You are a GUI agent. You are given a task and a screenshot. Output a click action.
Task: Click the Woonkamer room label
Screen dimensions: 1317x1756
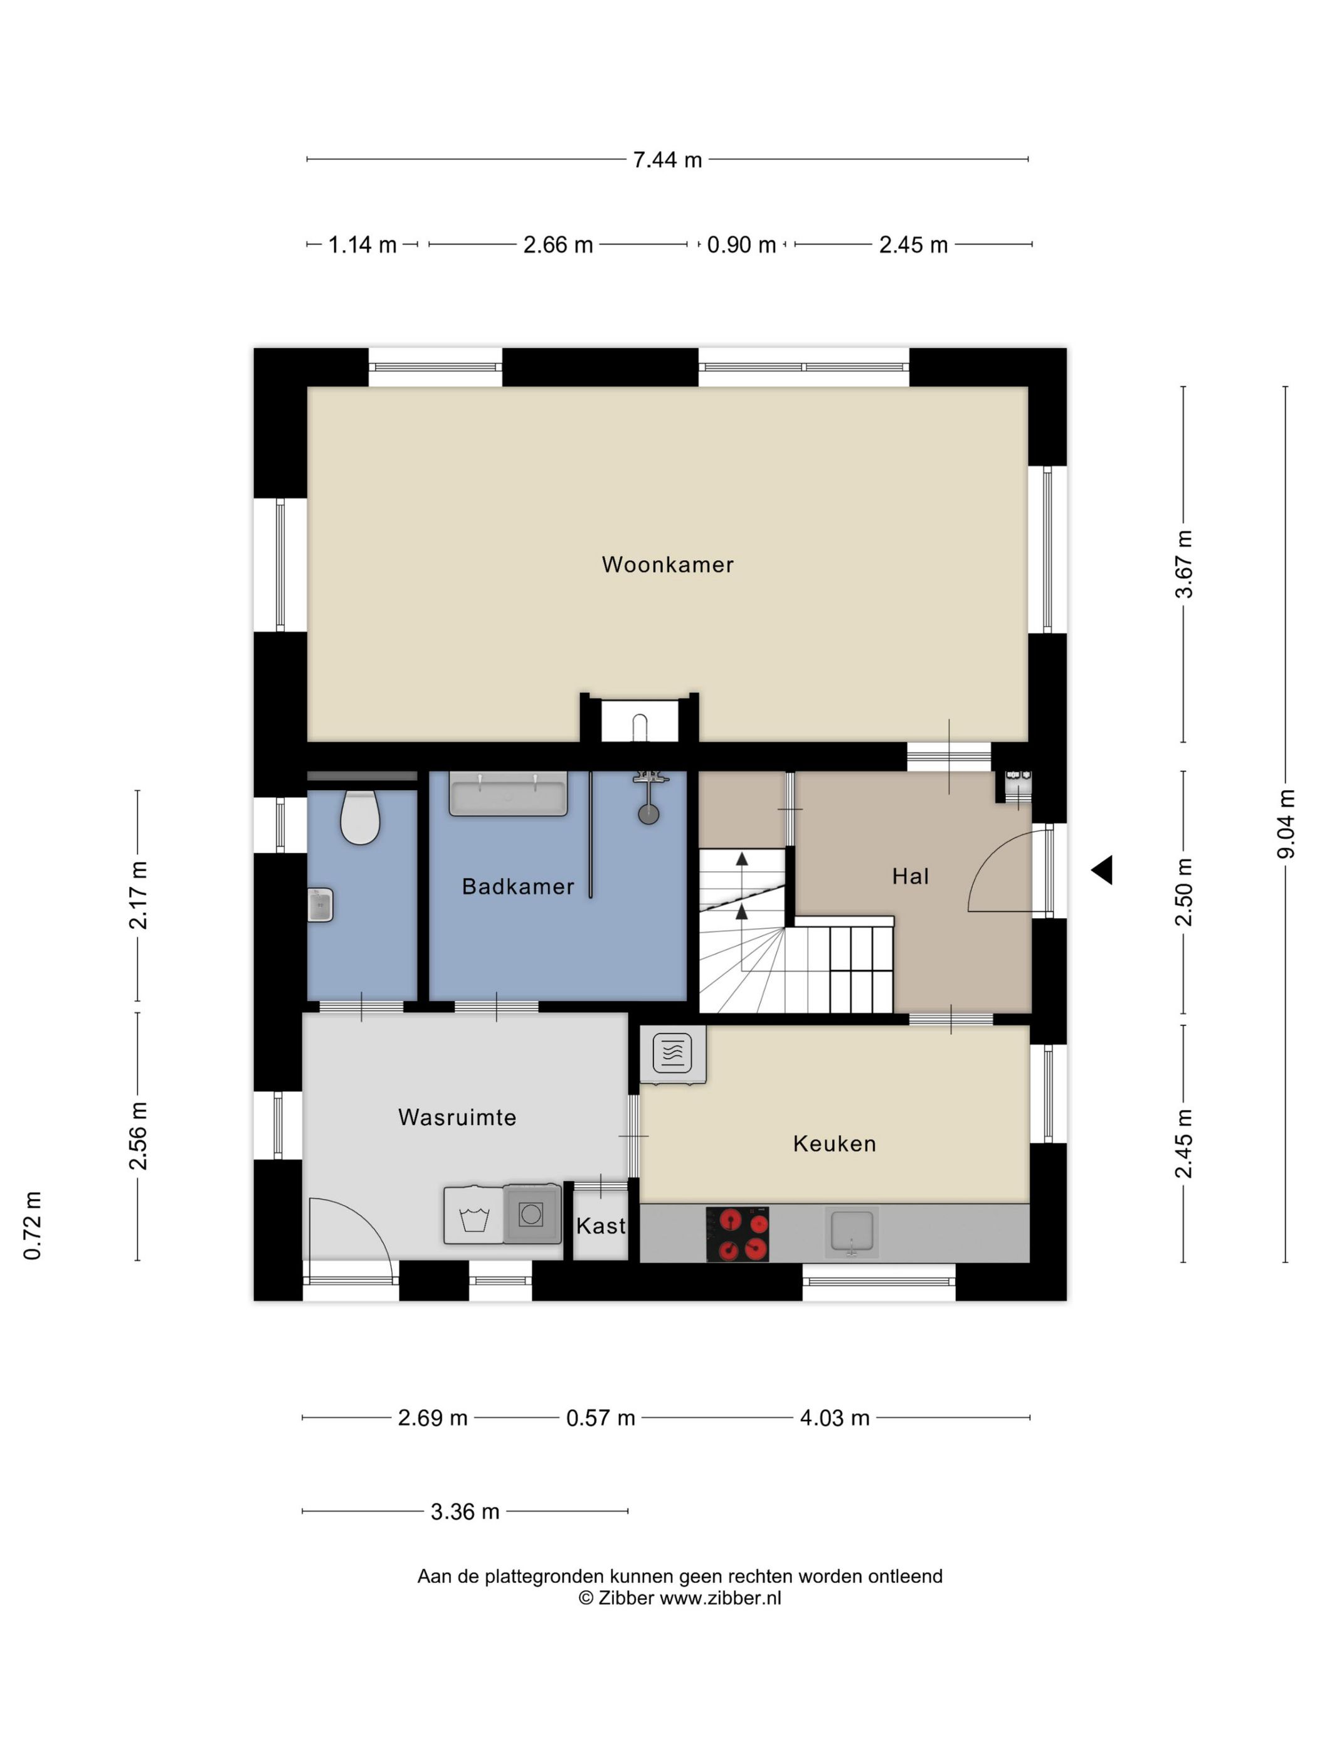click(667, 564)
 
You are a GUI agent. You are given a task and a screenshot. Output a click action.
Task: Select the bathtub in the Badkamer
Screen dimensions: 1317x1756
click(508, 793)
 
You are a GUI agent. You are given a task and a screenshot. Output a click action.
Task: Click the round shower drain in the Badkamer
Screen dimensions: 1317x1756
click(648, 813)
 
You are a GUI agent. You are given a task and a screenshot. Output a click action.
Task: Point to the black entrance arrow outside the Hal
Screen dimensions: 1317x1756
click(1102, 870)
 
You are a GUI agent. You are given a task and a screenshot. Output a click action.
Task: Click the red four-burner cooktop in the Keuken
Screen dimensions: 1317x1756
click(738, 1234)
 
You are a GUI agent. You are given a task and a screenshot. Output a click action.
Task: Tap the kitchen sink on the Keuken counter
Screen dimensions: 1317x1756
click(851, 1232)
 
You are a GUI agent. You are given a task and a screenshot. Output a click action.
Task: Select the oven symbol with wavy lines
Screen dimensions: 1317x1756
click(672, 1054)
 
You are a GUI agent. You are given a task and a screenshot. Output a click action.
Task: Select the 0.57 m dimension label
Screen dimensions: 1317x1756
click(600, 1418)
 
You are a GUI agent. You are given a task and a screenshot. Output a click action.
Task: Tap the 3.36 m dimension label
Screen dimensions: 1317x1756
click(465, 1511)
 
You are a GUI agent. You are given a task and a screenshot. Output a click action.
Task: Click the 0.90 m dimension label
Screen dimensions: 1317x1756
click(741, 245)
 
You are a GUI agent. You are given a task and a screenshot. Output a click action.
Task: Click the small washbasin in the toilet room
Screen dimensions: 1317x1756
click(320, 904)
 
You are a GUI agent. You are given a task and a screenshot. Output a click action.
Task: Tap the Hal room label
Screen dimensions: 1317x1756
click(910, 876)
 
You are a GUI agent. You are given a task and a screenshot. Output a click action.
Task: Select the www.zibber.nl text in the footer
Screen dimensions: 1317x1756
click(720, 1598)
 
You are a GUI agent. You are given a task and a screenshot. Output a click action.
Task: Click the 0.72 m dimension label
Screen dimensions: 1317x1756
click(32, 1225)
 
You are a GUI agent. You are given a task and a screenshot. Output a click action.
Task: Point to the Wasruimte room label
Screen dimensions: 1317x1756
click(457, 1117)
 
